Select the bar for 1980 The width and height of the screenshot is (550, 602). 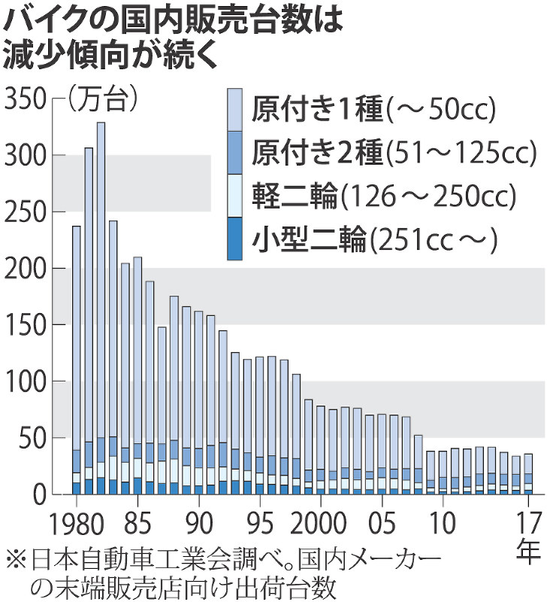(76, 354)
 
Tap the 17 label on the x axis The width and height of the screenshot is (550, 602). (529, 521)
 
